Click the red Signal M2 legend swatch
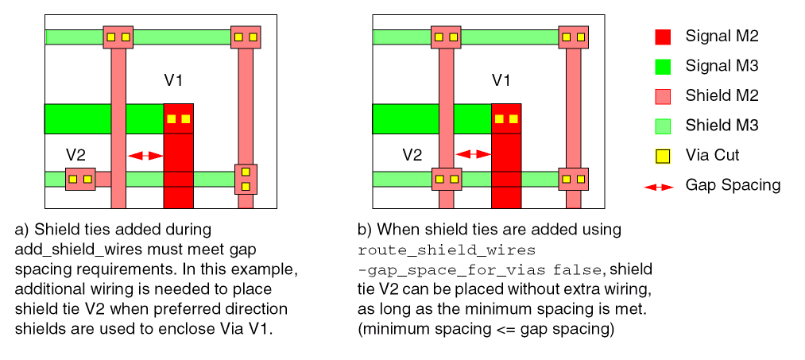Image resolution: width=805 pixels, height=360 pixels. (x=662, y=37)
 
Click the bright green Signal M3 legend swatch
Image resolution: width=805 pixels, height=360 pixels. (x=662, y=66)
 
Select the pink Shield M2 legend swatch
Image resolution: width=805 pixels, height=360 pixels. (x=662, y=96)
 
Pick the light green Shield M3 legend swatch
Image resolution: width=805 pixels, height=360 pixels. (x=662, y=126)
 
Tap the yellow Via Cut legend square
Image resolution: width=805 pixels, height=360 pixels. (x=662, y=156)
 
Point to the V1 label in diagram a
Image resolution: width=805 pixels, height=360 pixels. (x=174, y=79)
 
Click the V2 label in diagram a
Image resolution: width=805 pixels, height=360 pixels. (x=76, y=153)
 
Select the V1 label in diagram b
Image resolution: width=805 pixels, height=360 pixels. (x=501, y=79)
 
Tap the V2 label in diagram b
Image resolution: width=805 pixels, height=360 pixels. (x=412, y=153)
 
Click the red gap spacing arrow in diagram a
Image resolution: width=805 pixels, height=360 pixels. (x=145, y=156)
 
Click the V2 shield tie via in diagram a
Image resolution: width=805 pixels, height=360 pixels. (x=80, y=180)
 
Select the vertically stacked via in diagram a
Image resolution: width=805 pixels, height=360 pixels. (x=246, y=180)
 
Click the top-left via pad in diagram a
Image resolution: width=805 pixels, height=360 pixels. (x=118, y=37)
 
